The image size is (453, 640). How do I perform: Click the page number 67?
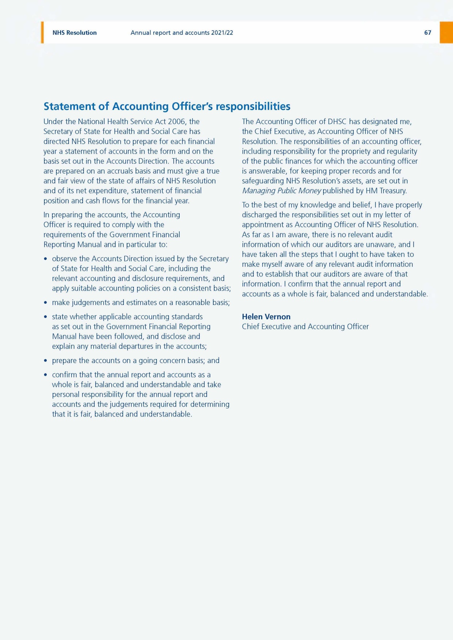point(427,33)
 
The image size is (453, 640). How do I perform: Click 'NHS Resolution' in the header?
point(74,33)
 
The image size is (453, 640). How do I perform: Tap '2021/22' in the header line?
point(222,33)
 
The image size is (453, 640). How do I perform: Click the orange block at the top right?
point(446,32)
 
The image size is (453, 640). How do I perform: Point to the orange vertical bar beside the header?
point(42,32)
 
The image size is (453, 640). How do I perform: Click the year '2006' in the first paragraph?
point(177,122)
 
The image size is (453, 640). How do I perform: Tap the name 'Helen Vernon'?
point(266,316)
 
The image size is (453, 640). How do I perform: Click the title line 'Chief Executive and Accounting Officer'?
point(305,326)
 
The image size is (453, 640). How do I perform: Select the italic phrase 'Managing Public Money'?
point(281,191)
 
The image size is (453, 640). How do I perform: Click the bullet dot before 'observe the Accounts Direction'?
point(46,259)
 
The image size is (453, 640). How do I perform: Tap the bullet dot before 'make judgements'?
point(46,303)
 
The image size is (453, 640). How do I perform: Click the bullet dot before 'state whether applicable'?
point(46,317)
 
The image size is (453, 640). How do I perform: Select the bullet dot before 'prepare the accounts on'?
point(46,361)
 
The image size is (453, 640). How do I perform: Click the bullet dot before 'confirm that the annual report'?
point(46,375)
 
